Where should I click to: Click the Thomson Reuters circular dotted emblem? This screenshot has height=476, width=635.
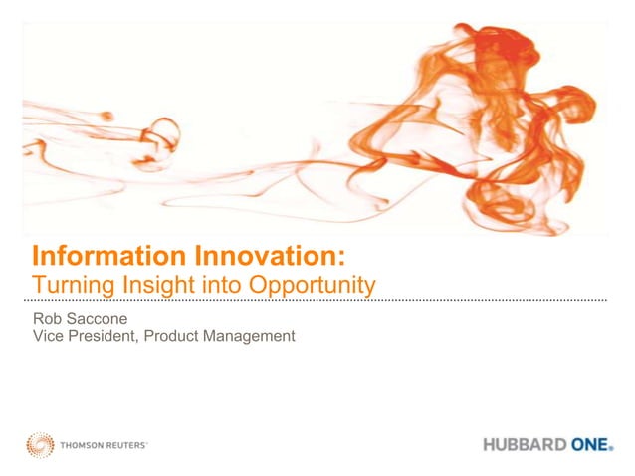pyautogui.click(x=41, y=445)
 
